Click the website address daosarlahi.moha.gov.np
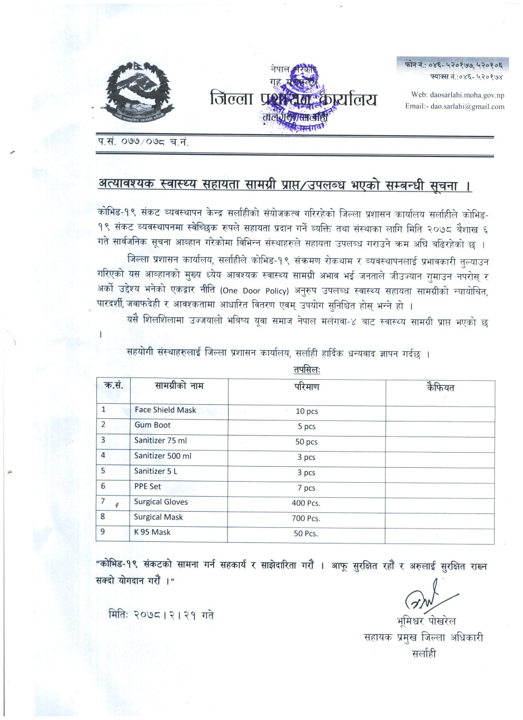pyautogui.click(x=457, y=95)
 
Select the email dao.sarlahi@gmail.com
pyautogui.click(x=455, y=106)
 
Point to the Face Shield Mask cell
pyautogui.click(x=165, y=410)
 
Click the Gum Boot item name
pyautogui.click(x=152, y=425)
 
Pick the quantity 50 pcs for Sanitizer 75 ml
pyautogui.click(x=306, y=442)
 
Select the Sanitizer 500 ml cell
pyautogui.click(x=162, y=455)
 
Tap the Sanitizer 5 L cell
pyautogui.click(x=156, y=471)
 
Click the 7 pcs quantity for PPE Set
pyautogui.click(x=306, y=488)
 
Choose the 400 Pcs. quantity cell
pyautogui.click(x=306, y=503)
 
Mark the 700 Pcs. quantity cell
pyautogui.click(x=306, y=519)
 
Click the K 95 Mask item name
pyautogui.click(x=152, y=532)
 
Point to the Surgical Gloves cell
pyautogui.click(x=161, y=502)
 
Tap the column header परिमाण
pyautogui.click(x=307, y=387)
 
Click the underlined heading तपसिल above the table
pyautogui.click(x=307, y=369)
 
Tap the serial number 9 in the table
pyautogui.click(x=103, y=532)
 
